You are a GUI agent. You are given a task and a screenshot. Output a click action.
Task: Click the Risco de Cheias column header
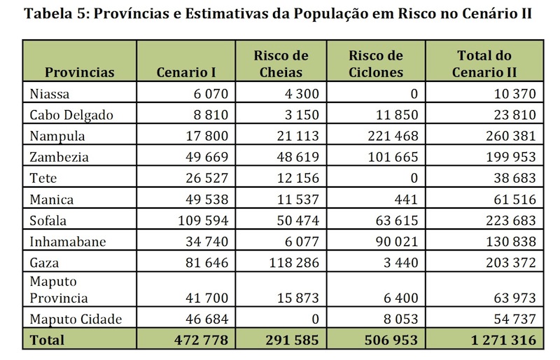279,64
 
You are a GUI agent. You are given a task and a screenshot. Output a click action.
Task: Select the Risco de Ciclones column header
375,64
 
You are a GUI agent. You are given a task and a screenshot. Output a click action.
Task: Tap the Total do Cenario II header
484,64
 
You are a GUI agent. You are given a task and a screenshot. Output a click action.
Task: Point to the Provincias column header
79,72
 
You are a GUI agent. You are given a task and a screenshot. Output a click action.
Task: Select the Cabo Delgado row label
71,115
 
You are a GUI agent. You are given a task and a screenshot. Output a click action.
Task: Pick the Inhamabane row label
69,242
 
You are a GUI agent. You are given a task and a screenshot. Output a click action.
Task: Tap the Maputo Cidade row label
76,319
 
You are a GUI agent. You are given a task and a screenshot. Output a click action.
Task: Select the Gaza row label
45,263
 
